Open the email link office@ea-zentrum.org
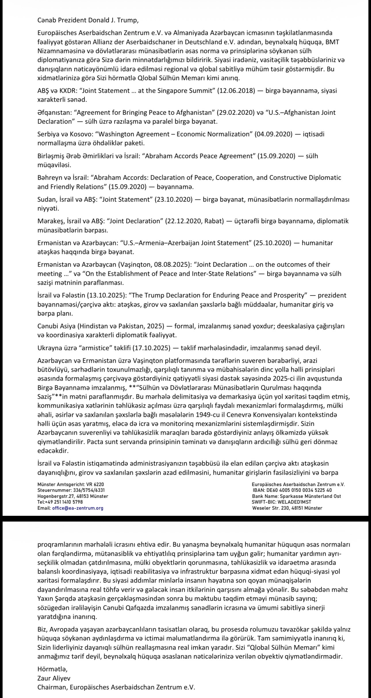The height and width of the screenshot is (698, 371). (78, 508)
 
